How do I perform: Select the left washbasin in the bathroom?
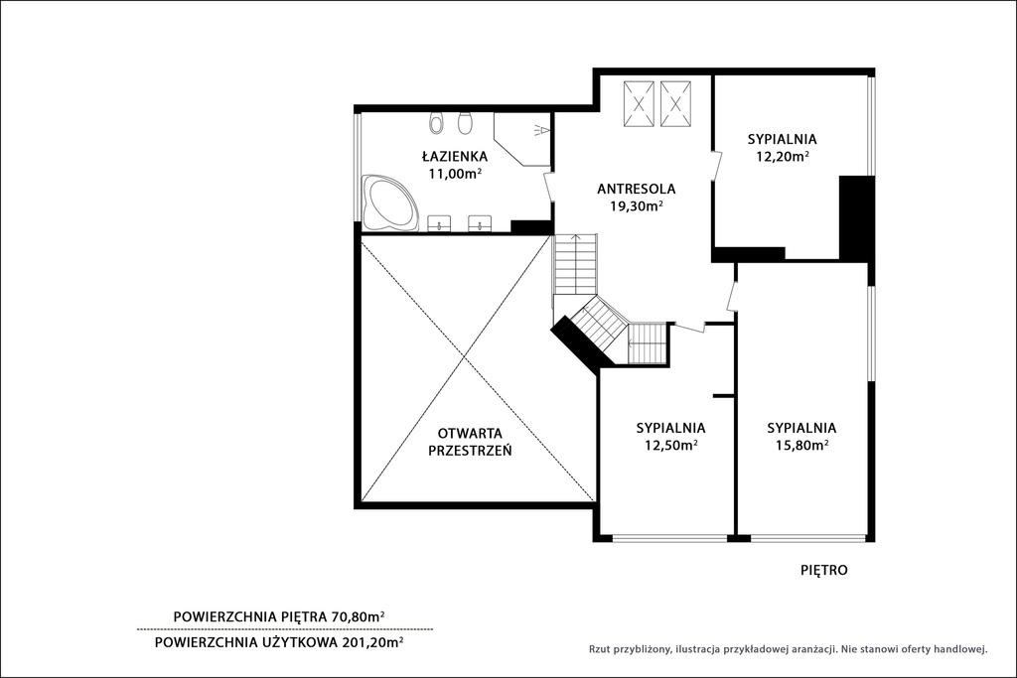[441, 223]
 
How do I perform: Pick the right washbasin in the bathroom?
[481, 223]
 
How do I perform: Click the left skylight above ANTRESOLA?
[639, 103]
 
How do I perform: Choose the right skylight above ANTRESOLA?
[675, 103]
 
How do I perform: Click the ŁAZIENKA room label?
[454, 156]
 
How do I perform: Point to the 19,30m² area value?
[636, 206]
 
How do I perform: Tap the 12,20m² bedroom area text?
[783, 156]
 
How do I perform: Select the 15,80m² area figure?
[802, 446]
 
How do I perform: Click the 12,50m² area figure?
[670, 446]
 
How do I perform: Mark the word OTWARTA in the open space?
[470, 433]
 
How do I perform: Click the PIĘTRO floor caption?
[824, 571]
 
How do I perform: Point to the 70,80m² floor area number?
[358, 617]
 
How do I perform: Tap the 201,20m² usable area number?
[373, 642]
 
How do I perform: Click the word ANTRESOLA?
[637, 190]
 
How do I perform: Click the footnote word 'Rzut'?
[598, 649]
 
